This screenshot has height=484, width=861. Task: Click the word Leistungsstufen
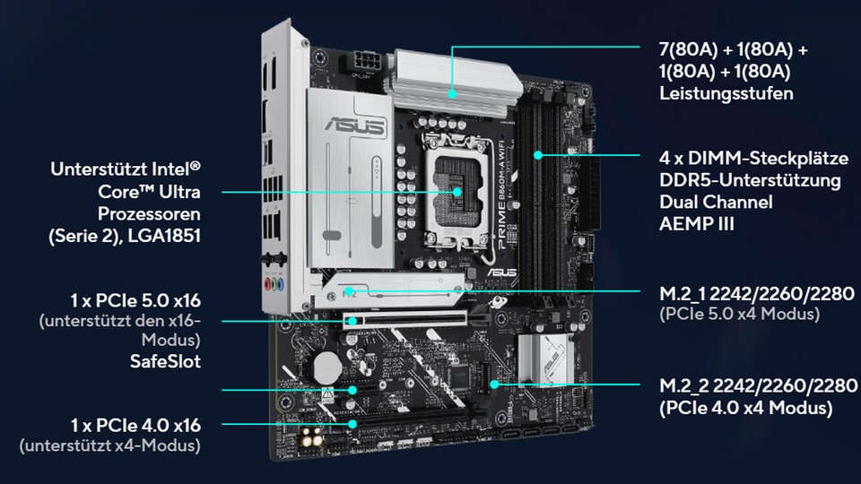click(x=726, y=93)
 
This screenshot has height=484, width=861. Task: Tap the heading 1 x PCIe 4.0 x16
click(x=136, y=424)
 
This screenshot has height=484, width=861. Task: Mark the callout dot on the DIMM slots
click(x=537, y=155)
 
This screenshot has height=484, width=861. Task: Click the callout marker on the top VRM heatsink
click(x=454, y=93)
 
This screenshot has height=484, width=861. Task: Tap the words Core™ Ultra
click(x=149, y=193)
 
